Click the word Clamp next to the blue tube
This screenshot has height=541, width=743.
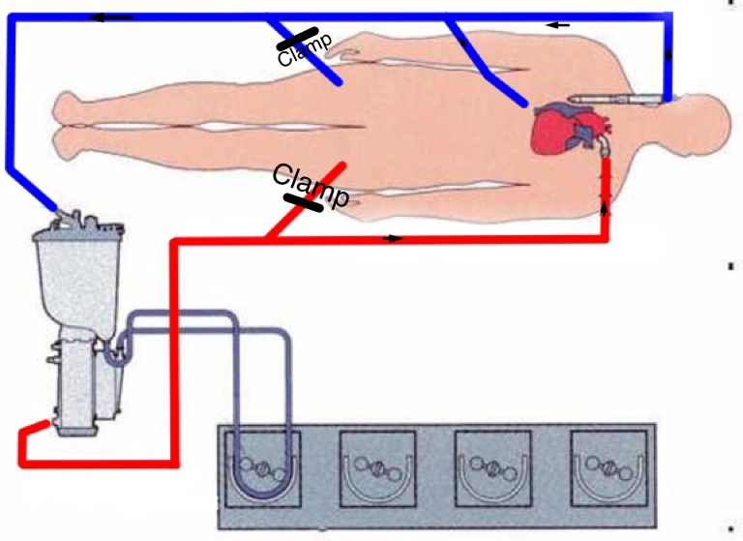click(x=304, y=49)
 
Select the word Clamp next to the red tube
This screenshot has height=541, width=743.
click(x=310, y=186)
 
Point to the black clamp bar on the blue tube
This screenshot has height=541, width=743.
click(x=299, y=39)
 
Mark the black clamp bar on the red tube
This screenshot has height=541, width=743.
click(x=304, y=202)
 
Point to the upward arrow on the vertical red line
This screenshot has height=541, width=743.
click(x=607, y=205)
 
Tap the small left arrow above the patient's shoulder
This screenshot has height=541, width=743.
click(x=558, y=24)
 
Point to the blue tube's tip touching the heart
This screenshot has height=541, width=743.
click(x=522, y=103)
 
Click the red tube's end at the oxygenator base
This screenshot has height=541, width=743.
click(x=38, y=425)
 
